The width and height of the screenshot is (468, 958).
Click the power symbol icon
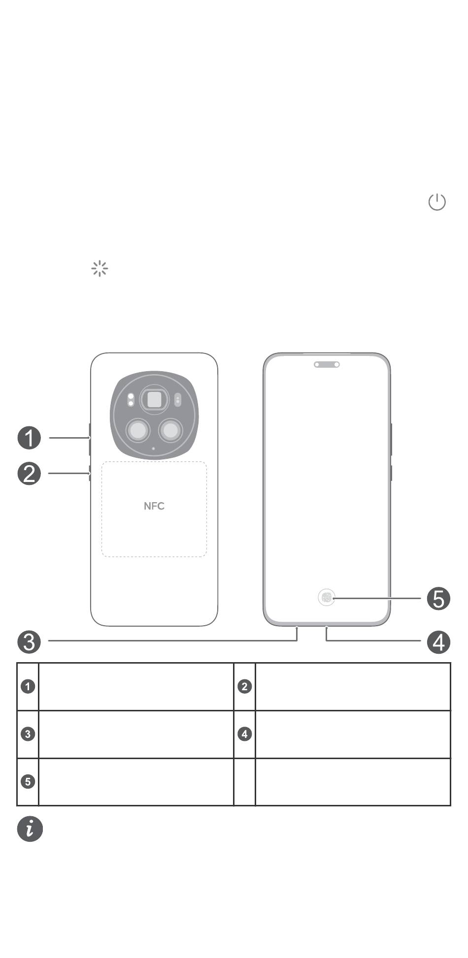(x=437, y=202)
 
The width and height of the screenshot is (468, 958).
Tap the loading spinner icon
(x=100, y=268)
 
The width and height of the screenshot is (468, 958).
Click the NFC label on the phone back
(x=154, y=506)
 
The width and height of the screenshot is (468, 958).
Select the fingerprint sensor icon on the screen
(x=327, y=598)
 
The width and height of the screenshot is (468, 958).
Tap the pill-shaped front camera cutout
(x=327, y=365)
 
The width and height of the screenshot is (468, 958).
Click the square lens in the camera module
(x=154, y=399)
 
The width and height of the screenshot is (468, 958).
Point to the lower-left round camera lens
(x=138, y=431)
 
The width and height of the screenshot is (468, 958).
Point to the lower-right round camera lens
(x=170, y=431)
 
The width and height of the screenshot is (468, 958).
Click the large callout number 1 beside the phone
(x=29, y=438)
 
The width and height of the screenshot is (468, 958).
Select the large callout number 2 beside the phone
(x=29, y=474)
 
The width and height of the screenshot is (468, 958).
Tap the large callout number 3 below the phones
(x=29, y=642)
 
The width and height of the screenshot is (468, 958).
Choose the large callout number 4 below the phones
(x=438, y=642)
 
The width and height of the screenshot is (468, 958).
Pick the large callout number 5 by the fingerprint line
(x=438, y=599)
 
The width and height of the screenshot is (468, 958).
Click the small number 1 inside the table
(x=28, y=686)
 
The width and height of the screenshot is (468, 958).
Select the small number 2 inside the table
(x=245, y=686)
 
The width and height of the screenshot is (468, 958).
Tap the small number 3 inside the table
(x=28, y=734)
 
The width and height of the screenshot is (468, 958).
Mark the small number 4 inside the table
(x=245, y=734)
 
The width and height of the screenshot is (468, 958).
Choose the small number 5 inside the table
(x=28, y=781)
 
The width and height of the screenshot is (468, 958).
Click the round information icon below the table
(x=30, y=829)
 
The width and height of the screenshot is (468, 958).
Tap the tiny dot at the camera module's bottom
(x=154, y=448)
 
